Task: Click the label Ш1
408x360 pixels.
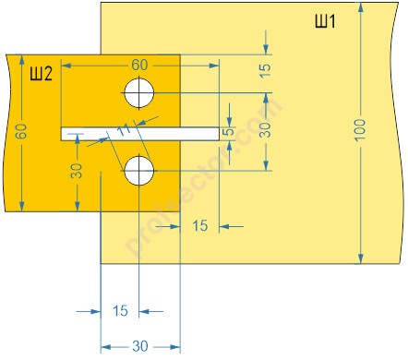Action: coord(325,21)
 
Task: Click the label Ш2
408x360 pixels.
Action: coord(42,74)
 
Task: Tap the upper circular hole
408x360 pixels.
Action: coord(139,93)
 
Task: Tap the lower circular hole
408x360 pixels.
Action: coord(139,171)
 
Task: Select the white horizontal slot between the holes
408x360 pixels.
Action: coord(140,134)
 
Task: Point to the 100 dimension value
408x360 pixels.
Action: coord(359,130)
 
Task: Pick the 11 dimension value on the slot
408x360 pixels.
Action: coord(125,130)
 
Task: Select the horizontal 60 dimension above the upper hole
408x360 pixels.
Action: coord(139,65)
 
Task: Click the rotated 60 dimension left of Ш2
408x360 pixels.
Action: coord(21,131)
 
